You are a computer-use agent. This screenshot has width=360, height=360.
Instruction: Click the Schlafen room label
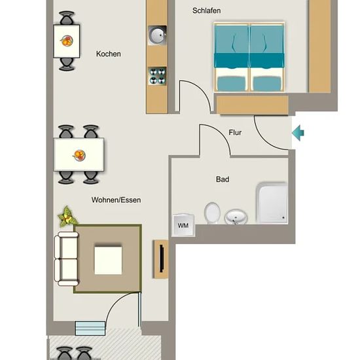(x=206, y=10)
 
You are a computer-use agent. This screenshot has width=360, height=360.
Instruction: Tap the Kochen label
(x=109, y=54)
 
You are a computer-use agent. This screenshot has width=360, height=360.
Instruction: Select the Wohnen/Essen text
(x=116, y=200)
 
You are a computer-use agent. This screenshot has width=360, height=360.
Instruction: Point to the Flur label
(x=235, y=132)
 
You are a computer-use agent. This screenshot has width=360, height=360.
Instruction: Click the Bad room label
(x=223, y=179)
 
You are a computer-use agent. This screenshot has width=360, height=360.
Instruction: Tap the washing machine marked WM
(x=183, y=225)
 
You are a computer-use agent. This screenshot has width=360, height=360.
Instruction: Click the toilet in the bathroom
(x=212, y=213)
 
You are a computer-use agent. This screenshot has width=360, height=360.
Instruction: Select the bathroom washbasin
(x=236, y=217)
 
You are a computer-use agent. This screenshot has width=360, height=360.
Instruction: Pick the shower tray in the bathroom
(x=272, y=203)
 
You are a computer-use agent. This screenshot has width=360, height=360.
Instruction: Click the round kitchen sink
(x=157, y=35)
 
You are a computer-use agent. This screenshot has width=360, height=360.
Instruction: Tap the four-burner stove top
(x=157, y=76)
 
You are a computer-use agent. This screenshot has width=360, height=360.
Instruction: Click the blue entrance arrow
(x=298, y=133)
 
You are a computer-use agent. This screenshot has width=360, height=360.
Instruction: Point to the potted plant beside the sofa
(x=67, y=217)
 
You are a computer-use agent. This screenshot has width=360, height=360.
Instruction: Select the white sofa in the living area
(x=66, y=259)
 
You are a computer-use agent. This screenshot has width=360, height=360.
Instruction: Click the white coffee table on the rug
(x=108, y=261)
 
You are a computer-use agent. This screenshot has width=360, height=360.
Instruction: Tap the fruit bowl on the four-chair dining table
(x=79, y=155)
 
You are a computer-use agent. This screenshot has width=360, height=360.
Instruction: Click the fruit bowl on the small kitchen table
(x=67, y=41)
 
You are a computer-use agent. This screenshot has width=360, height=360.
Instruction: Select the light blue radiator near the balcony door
(x=90, y=329)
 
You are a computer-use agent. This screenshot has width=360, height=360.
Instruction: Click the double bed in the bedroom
(x=249, y=57)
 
